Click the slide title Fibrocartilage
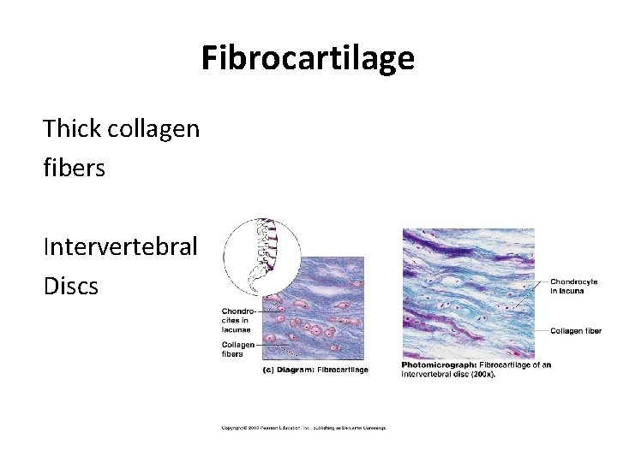point(308,58)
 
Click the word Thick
point(73,129)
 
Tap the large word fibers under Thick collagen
point(74,169)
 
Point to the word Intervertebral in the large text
point(120,247)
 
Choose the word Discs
point(70,286)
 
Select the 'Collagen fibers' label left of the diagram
point(237,348)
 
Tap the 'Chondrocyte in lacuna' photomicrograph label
point(573,285)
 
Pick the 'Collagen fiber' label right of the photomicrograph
point(575,331)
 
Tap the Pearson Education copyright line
point(304,427)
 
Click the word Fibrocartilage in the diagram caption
point(343,370)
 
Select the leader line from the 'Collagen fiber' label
point(541,331)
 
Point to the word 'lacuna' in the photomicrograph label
point(571,290)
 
